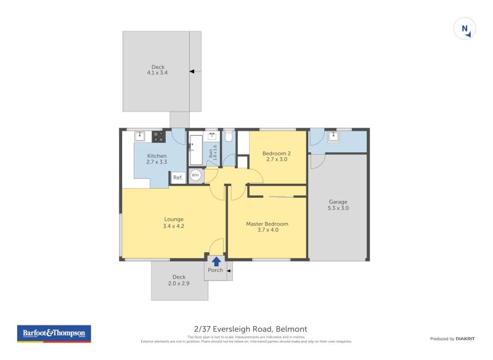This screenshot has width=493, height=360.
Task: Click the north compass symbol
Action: [465, 29]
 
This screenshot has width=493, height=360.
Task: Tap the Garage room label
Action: [338, 205]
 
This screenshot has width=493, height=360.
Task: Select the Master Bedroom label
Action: [267, 227]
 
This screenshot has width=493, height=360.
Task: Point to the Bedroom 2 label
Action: [276, 157]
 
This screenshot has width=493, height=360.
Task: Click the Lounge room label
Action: [174, 223]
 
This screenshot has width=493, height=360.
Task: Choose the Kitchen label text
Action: [157, 159]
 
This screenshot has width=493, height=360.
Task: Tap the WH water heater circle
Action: [195, 175]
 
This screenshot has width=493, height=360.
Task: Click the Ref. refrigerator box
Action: [177, 178]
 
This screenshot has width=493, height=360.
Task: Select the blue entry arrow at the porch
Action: [216, 261]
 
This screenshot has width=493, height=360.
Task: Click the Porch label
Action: [216, 270]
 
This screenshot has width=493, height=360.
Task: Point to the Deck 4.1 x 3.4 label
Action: [157, 70]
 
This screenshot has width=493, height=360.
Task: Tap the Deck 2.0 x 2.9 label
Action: [179, 280]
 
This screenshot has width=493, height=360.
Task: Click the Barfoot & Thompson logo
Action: [54, 333]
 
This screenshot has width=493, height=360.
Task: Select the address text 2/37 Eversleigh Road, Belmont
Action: [250, 329]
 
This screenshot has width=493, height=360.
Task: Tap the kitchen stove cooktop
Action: [158, 137]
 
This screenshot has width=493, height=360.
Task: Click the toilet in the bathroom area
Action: [228, 136]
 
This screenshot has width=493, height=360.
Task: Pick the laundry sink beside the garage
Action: [333, 136]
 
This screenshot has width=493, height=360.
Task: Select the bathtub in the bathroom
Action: [195, 149]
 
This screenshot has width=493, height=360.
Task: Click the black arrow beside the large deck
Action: [192, 72]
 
